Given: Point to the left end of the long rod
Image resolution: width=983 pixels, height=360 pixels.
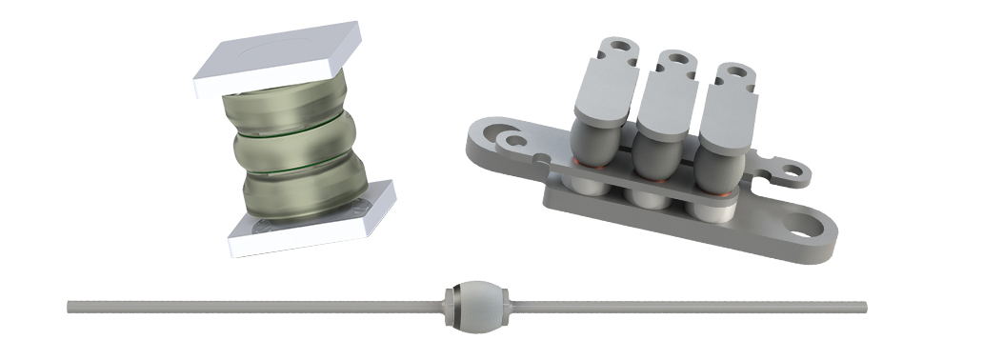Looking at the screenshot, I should click(x=70, y=307).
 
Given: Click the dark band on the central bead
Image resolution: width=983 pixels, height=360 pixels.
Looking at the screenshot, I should click(x=456, y=304).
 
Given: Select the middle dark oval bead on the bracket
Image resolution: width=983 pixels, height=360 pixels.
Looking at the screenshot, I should click(x=658, y=165).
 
